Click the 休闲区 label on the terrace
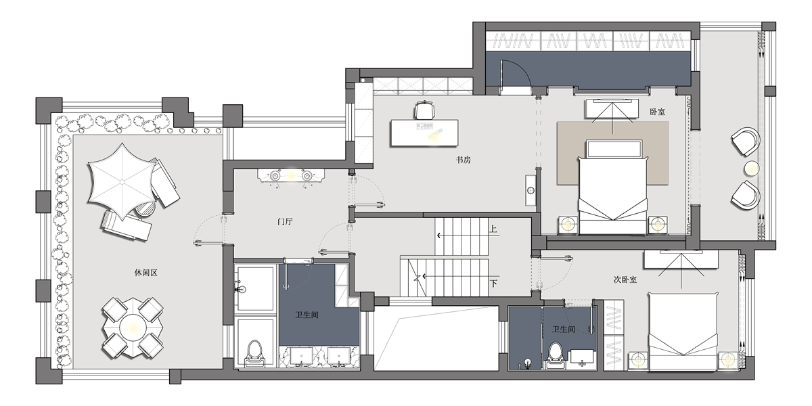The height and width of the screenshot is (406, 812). coord(145,273)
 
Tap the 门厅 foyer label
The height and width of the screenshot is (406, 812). coord(285,221)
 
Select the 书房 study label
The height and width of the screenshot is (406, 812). coord(464,160)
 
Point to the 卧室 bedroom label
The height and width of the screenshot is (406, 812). coord(657,112)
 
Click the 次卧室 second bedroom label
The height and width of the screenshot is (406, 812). coord(625,279)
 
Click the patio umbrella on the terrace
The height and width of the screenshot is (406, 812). coord(122,181)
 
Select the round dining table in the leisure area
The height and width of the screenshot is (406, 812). coord(133,328)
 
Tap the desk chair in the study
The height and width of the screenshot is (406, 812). coord(424,110)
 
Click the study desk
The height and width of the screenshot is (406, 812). coord(424,133)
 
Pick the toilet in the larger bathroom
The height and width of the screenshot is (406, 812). coord(255,353)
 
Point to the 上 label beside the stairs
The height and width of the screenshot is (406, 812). coord(493,229)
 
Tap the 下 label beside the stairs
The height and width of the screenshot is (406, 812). coord(493,283)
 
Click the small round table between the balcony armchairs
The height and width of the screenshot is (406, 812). coord(752,168)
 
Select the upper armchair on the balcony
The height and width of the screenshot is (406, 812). coord(746,141)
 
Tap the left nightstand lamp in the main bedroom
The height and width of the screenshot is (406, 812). coord(568,225)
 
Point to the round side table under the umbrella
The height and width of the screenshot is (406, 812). coord(145,210)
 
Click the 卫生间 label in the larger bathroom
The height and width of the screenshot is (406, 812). coord(307,315)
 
